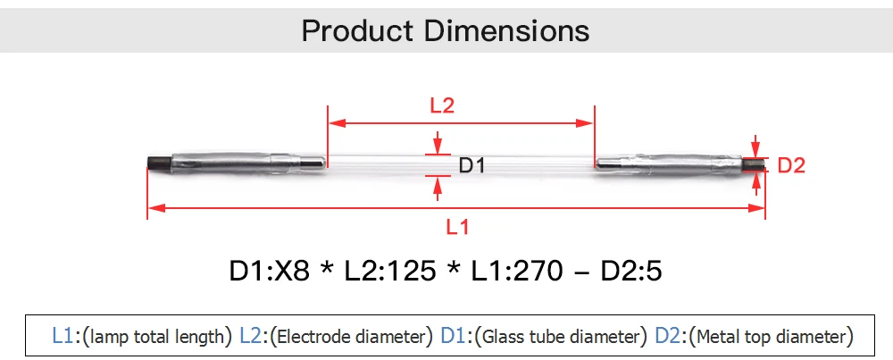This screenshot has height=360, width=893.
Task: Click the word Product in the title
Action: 356,30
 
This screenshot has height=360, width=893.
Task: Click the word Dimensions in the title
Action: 506,30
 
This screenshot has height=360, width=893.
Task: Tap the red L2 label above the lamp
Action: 442,105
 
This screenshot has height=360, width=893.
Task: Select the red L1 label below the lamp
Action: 457,227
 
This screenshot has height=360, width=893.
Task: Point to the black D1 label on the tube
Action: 472,166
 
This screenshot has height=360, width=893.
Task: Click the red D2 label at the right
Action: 791,166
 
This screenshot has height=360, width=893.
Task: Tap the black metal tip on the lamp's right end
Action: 754,164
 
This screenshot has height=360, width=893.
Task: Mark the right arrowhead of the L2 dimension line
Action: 586,123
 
